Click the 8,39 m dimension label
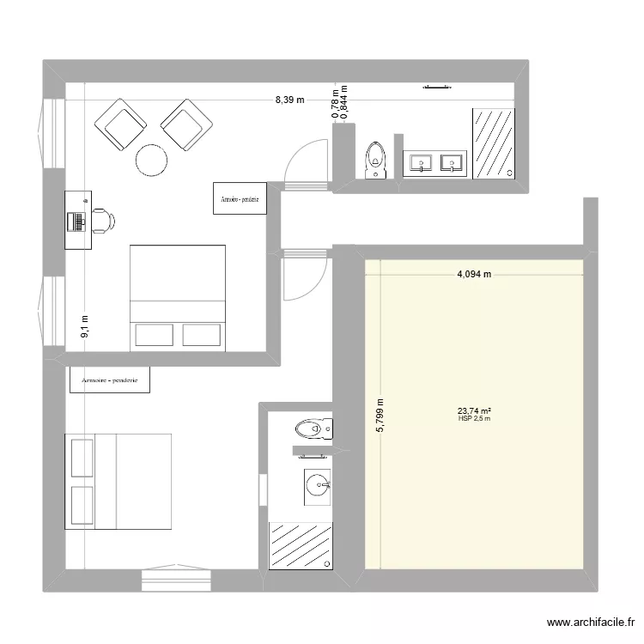tap(289, 100)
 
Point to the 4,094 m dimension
tap(474, 276)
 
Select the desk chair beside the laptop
tap(102, 220)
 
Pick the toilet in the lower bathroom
tap(311, 428)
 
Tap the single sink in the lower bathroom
tap(318, 485)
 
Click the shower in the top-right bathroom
tap(492, 143)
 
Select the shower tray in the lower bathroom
tap(301, 545)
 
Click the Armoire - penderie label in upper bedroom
tap(240, 198)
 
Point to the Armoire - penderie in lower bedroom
tap(110, 380)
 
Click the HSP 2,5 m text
tap(474, 419)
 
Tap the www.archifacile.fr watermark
tap(590, 624)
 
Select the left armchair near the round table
tap(123, 123)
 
